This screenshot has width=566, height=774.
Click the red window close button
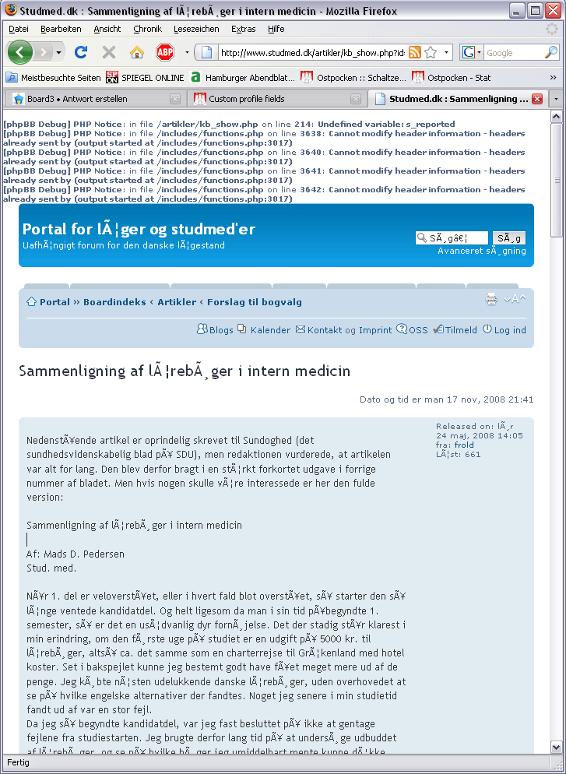(553, 11)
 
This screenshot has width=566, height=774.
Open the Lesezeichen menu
(196, 29)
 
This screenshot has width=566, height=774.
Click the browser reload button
(81, 52)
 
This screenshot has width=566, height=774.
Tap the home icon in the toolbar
(136, 52)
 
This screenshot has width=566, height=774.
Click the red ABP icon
(164, 52)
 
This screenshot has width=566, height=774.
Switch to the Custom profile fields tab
(246, 99)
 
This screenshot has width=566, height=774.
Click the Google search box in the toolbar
(514, 53)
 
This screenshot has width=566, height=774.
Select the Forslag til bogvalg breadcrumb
(254, 302)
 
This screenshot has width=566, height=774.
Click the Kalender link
(269, 330)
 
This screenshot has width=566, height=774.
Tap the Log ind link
(510, 330)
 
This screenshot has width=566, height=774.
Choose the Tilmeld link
(460, 330)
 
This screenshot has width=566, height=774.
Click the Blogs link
(220, 330)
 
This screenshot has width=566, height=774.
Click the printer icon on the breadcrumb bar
(491, 300)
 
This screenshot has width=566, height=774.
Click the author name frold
(464, 445)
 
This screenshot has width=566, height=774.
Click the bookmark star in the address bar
(431, 52)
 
